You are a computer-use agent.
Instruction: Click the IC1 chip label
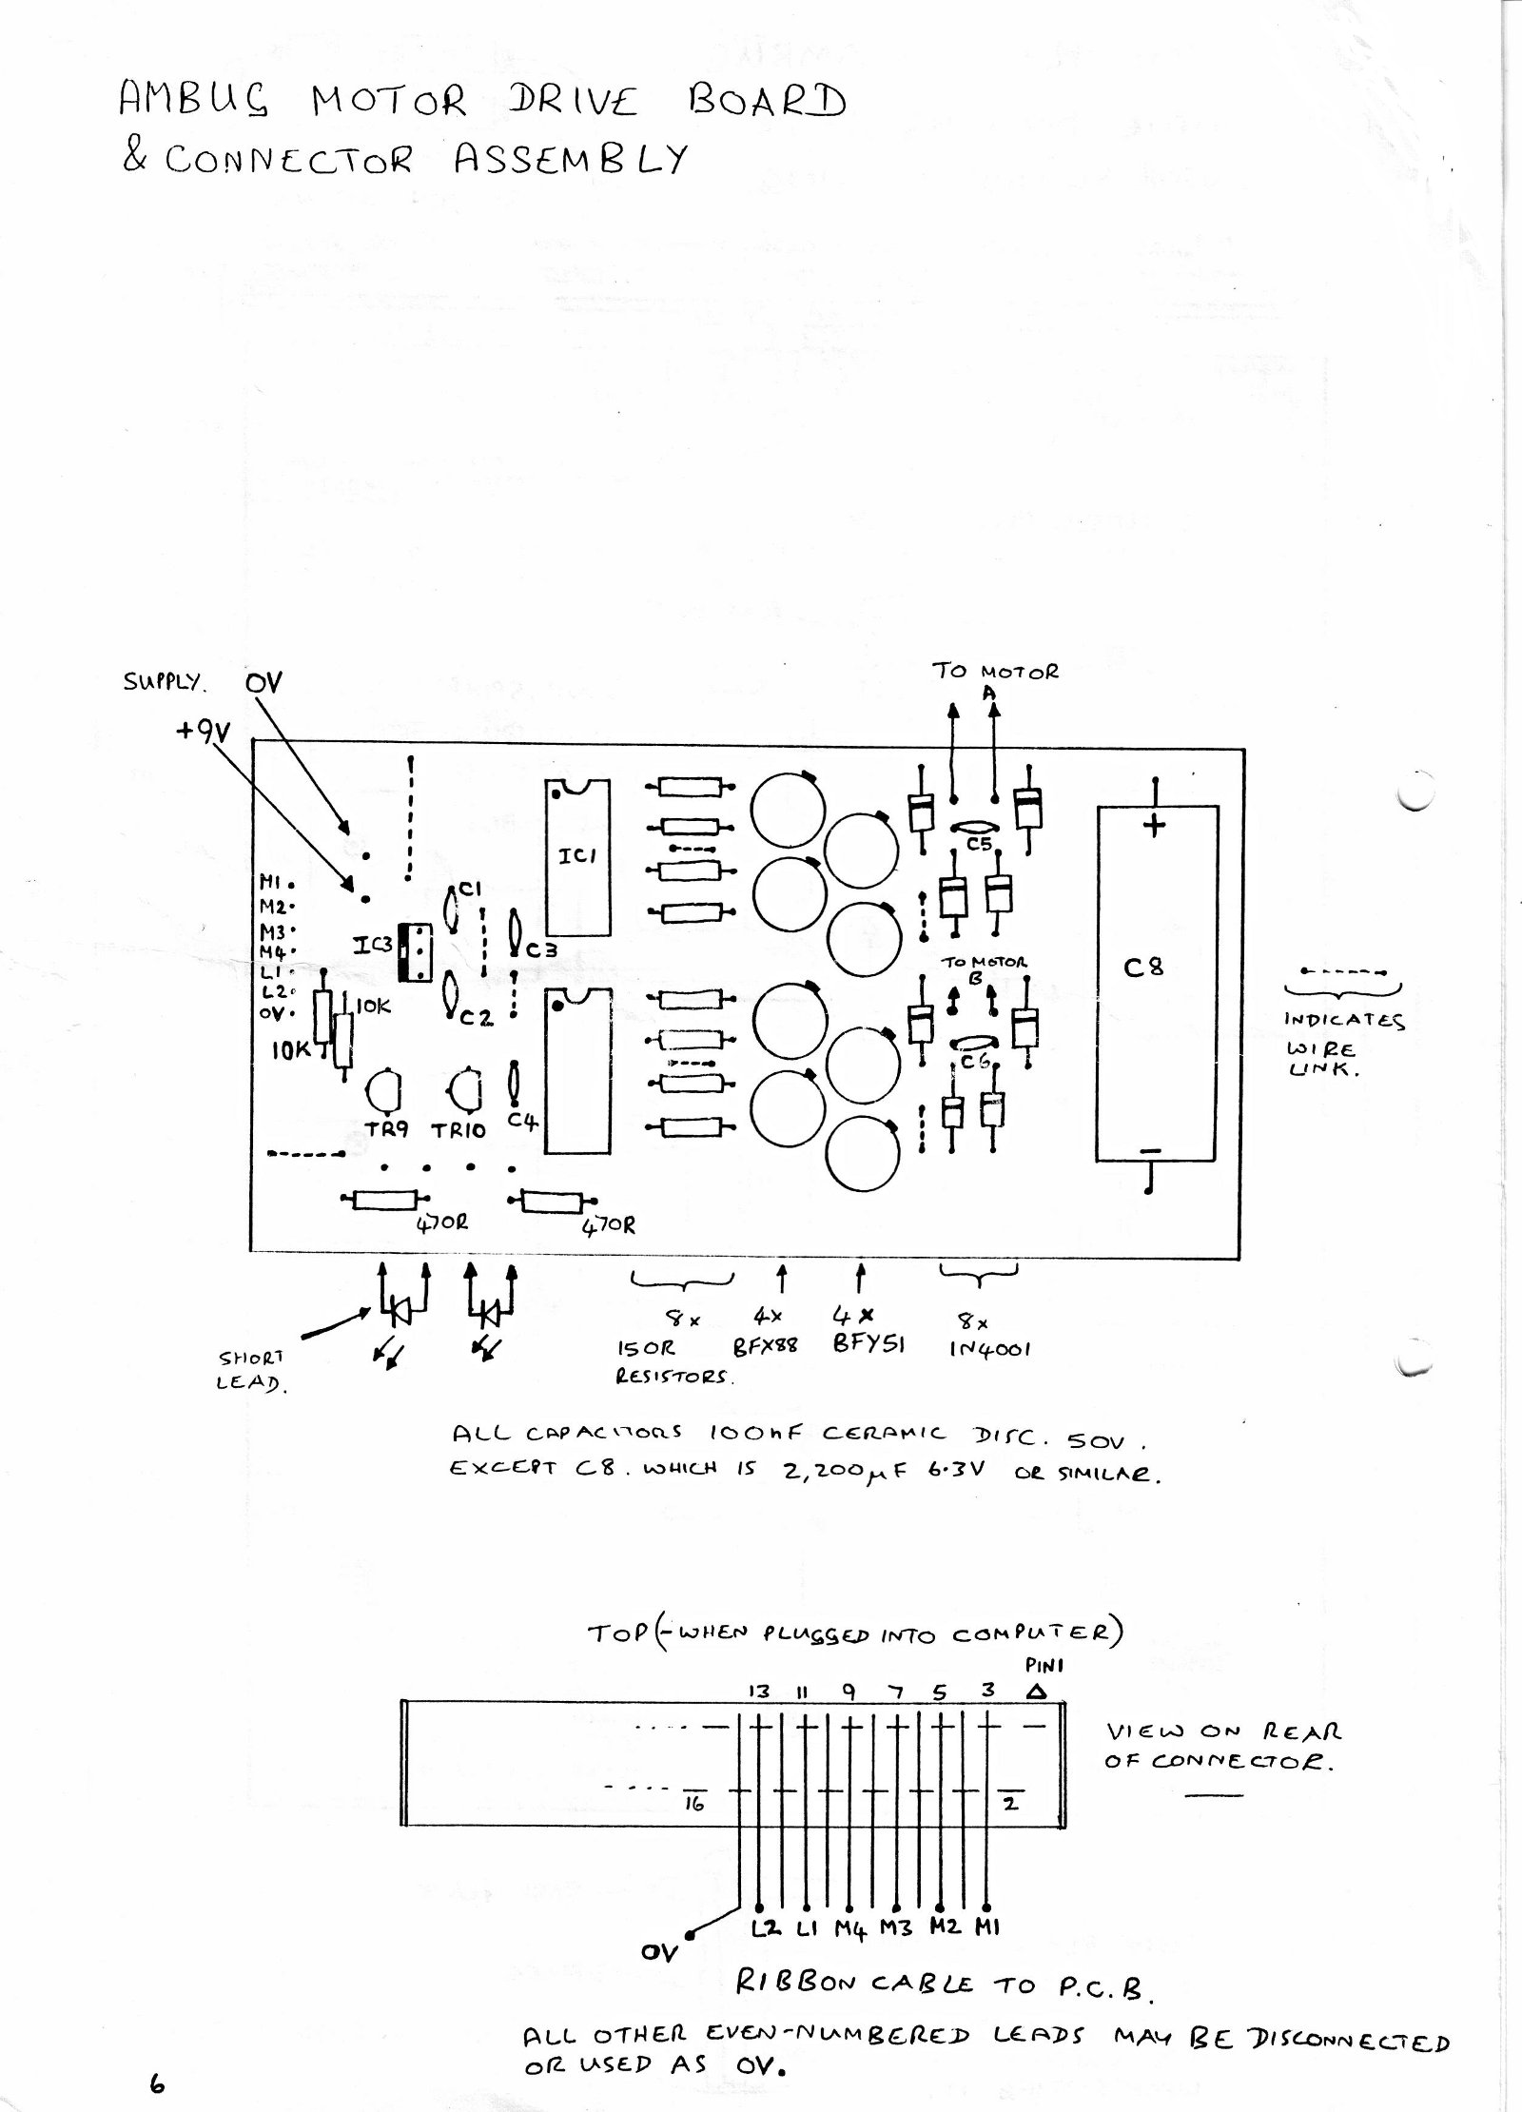tap(576, 855)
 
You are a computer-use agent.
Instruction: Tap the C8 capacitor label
tap(1142, 968)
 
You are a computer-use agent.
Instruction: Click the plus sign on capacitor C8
tap(1154, 825)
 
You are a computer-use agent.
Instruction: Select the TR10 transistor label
tap(459, 1130)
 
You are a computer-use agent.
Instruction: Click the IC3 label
tap(371, 946)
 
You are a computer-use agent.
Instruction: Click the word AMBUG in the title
tap(194, 101)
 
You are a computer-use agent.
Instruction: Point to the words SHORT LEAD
tap(249, 1371)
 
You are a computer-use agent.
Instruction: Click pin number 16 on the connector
tap(694, 1804)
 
